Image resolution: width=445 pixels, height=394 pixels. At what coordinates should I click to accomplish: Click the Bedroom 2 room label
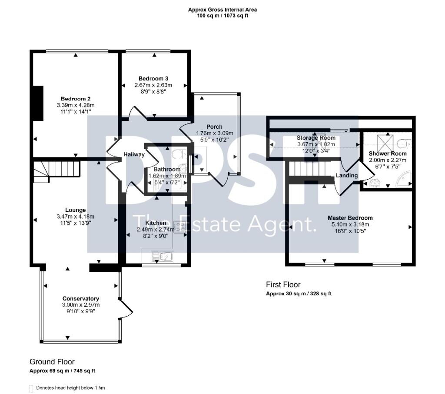(76, 99)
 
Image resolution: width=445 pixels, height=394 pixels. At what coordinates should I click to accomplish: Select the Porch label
(214, 127)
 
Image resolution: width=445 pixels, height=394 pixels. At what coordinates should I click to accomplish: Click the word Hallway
(134, 154)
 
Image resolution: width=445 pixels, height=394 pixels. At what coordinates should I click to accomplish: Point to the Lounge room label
(76, 210)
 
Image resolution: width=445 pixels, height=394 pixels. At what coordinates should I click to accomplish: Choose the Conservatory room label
(80, 299)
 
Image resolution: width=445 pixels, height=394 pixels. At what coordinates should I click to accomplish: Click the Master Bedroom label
(350, 218)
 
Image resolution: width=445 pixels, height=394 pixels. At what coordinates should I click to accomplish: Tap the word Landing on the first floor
(346, 175)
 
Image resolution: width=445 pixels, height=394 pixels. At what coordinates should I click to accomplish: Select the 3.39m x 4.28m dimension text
(76, 105)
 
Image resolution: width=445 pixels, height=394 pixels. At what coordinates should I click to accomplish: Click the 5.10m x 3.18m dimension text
(350, 224)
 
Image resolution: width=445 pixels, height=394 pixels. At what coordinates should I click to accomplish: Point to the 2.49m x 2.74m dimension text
(156, 229)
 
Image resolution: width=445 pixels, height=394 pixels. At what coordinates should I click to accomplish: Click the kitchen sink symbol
(163, 257)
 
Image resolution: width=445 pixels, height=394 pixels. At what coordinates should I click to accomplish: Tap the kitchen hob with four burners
(179, 227)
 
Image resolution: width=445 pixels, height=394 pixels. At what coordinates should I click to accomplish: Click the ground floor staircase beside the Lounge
(56, 172)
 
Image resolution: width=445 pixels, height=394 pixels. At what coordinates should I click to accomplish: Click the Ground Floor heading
(52, 362)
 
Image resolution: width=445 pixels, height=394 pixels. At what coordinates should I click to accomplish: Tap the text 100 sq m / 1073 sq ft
(222, 16)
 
